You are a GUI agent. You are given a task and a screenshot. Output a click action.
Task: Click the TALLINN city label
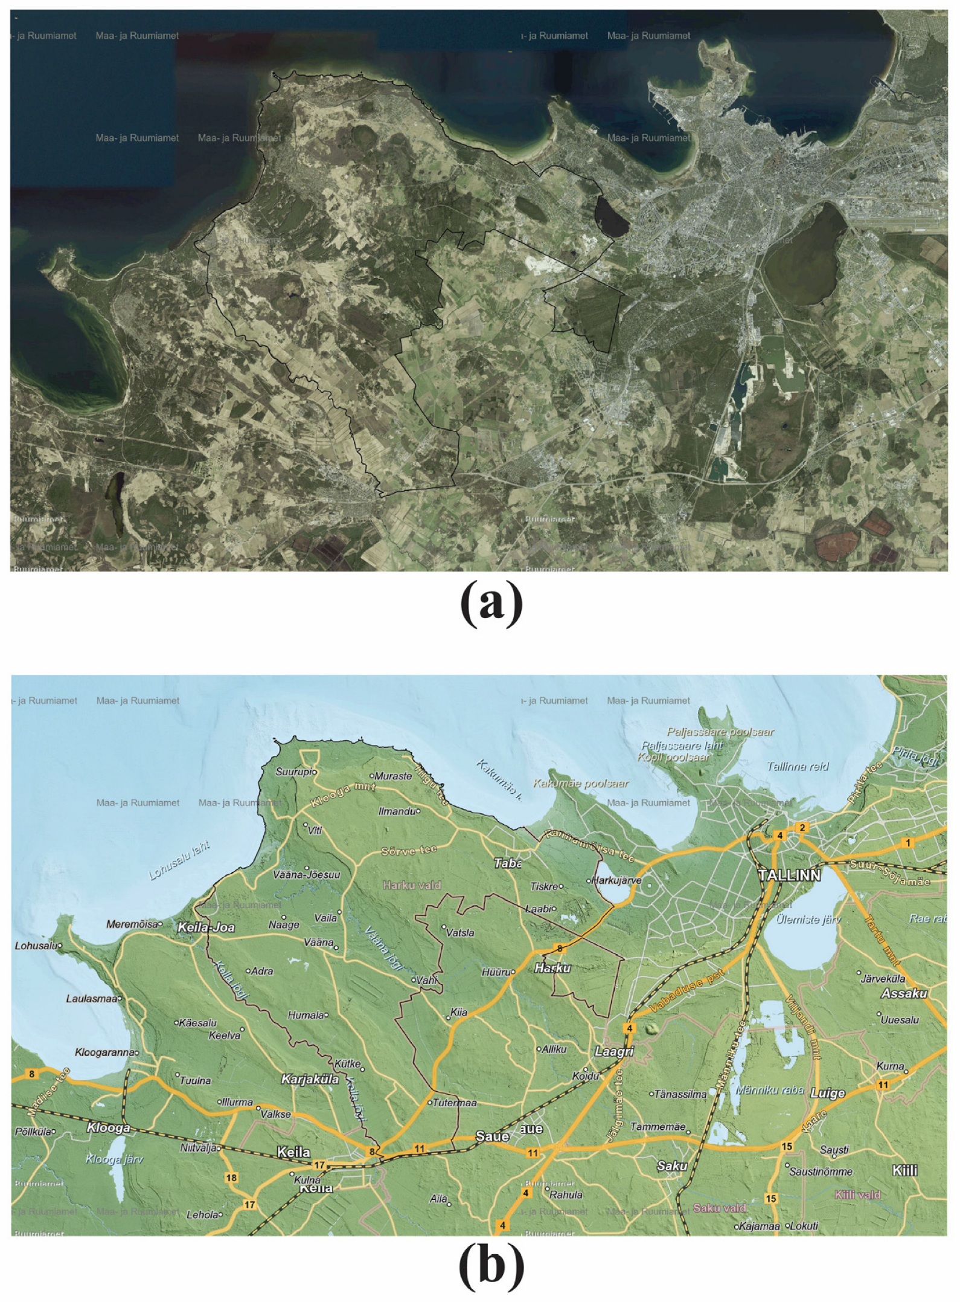pyautogui.click(x=789, y=875)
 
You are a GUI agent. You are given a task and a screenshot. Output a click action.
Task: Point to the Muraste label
pyautogui.click(x=393, y=776)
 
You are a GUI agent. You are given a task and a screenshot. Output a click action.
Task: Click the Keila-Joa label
pyautogui.click(x=206, y=927)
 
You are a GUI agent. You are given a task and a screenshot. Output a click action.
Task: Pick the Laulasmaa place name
pyautogui.click(x=91, y=999)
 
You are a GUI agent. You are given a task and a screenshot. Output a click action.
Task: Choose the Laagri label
pyautogui.click(x=614, y=1051)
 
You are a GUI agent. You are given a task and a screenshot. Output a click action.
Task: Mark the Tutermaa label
pyautogui.click(x=455, y=1103)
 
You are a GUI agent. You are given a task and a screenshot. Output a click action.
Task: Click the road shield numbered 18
pyautogui.click(x=231, y=1178)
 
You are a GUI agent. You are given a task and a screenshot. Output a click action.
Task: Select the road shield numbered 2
pyautogui.click(x=802, y=828)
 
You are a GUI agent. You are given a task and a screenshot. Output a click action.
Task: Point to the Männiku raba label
pyautogui.click(x=770, y=1090)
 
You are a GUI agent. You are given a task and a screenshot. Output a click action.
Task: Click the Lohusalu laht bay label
pyautogui.click(x=179, y=860)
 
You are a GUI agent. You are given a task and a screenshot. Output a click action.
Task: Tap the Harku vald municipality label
pyautogui.click(x=412, y=885)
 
